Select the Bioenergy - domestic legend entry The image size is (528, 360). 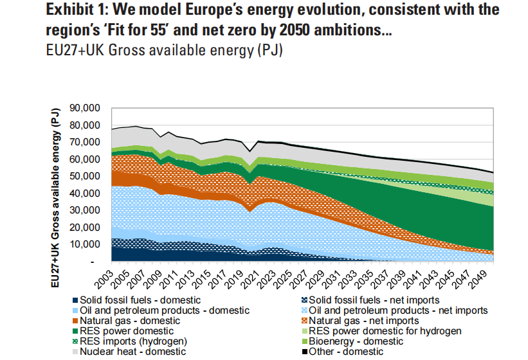point(358,341)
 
